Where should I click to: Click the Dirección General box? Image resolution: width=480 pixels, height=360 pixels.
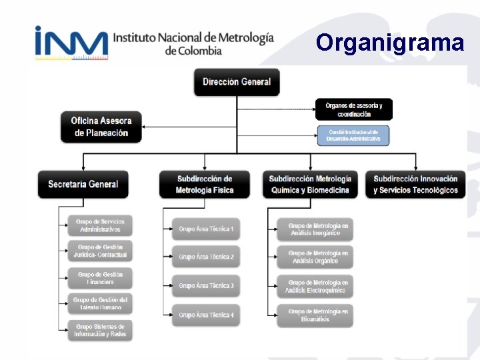click(237, 82)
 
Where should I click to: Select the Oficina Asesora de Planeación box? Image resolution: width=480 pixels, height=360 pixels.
click(101, 127)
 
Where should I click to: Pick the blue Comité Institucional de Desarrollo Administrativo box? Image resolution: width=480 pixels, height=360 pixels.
click(353, 135)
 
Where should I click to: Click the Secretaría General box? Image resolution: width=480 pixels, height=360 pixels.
click(83, 184)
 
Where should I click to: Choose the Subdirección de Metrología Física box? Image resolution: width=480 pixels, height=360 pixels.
click(205, 184)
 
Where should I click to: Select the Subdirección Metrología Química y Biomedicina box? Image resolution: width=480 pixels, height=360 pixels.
click(310, 184)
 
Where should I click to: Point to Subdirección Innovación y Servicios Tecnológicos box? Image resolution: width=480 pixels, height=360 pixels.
click(415, 184)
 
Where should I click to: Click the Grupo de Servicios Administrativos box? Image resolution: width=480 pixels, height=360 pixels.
click(100, 225)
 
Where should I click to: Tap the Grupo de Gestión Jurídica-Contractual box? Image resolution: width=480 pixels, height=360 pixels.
click(100, 251)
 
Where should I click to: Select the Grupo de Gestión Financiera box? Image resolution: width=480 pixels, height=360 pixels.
click(100, 278)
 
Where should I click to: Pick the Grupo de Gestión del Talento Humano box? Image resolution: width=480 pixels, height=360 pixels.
click(100, 304)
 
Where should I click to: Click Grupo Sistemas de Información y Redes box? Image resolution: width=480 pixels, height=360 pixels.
click(100, 331)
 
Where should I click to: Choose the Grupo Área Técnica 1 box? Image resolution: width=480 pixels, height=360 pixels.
click(206, 229)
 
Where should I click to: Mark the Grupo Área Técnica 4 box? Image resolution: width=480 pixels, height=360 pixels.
click(206, 315)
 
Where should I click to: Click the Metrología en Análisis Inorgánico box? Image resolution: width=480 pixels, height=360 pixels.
click(315, 229)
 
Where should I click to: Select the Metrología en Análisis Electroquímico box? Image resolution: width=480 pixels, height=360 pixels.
click(315, 287)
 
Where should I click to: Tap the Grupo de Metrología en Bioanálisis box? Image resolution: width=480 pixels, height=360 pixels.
click(315, 315)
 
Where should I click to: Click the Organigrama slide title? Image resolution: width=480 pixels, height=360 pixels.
click(390, 43)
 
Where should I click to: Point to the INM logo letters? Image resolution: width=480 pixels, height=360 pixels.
click(71, 43)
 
